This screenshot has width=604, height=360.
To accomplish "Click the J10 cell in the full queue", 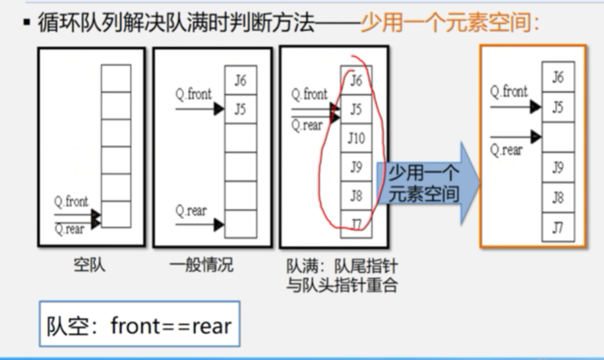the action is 356,138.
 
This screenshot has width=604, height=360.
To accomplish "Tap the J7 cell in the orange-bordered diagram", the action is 558,227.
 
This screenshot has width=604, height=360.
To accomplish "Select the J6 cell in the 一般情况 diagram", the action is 240,80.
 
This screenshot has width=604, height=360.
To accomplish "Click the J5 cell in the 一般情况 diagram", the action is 240,109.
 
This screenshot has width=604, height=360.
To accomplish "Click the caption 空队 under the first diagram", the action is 89,266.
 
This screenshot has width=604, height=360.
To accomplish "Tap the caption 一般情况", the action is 201,266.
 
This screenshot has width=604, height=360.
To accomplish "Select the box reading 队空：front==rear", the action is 139,324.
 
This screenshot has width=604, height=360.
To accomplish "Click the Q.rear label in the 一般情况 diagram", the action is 191,211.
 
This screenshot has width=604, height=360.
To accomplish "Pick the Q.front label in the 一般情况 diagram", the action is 193,94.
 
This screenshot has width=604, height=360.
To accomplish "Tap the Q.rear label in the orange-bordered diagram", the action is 506,150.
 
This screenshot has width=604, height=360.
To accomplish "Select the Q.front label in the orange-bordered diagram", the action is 508,92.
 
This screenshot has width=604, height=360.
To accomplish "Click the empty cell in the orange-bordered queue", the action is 558,137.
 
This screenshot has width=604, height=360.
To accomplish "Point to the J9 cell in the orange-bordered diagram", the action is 558,167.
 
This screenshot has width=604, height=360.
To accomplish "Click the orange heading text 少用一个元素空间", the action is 450,24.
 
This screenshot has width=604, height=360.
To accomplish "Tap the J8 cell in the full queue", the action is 356,196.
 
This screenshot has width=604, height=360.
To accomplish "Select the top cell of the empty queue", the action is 116,78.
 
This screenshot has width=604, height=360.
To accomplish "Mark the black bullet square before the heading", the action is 26,24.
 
